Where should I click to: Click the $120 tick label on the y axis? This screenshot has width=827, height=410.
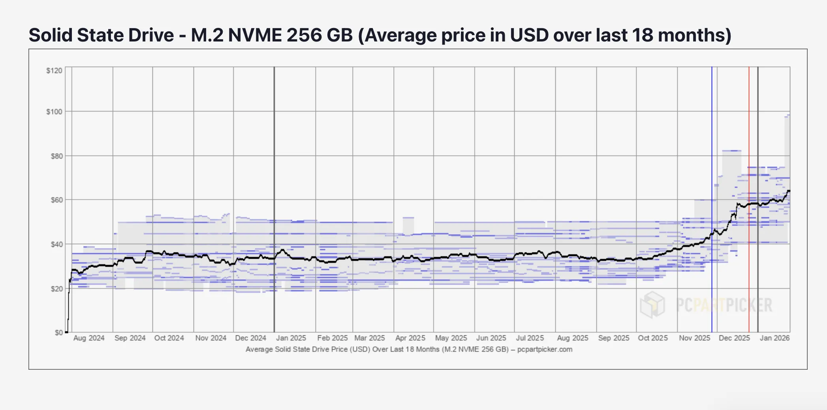point(54,71)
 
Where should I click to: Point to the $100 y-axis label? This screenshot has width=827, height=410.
point(54,112)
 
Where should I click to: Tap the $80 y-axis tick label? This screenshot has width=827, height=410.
point(56,156)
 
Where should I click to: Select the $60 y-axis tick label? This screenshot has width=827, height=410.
point(56,200)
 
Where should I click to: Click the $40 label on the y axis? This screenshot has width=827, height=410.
point(56,244)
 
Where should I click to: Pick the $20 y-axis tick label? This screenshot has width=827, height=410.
point(56,289)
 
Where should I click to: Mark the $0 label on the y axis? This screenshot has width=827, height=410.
point(58,333)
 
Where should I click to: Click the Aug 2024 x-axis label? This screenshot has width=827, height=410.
point(89,338)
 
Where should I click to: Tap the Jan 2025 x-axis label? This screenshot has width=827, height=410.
point(291,338)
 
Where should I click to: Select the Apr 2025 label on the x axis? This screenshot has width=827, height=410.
point(410,338)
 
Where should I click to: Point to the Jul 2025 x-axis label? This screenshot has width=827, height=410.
point(530,338)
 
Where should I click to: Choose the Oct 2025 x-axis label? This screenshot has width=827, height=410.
point(653,338)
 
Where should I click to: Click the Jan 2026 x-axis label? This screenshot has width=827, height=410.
point(775,338)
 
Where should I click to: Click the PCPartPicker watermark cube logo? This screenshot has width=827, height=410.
point(652,305)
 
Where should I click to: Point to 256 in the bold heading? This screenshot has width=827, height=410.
point(303,35)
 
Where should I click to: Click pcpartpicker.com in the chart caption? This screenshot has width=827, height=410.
point(545,349)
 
